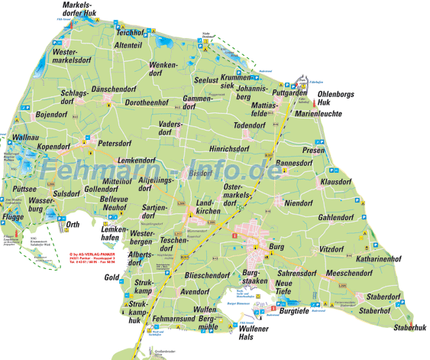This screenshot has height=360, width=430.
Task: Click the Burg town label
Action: coord(276,248)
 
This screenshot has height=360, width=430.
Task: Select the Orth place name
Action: coord(73,224)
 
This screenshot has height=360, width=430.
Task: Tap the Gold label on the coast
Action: coord(112,277)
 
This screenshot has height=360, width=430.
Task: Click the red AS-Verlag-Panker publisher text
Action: coord(91,256)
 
